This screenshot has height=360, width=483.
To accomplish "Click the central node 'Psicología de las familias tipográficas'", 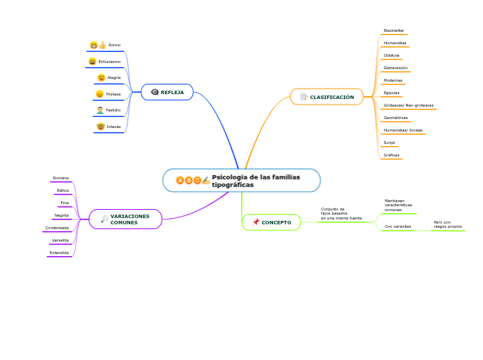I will click(242, 181).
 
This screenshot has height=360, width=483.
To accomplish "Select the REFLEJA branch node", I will click(167, 92).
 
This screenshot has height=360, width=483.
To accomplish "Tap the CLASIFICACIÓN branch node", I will click(326, 97).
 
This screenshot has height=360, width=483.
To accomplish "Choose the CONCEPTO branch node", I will click(272, 222).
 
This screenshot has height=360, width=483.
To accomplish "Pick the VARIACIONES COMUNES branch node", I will click(125, 219).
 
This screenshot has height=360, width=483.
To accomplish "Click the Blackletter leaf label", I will click(394, 31).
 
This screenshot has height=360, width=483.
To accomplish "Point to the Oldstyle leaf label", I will click(392, 55).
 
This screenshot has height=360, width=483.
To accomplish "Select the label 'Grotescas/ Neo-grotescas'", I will click(409, 105).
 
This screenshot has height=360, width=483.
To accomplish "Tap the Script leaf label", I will click(389, 143).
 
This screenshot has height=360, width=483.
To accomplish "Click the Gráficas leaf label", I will click(392, 155).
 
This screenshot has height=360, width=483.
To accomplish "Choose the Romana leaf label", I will click(61, 178).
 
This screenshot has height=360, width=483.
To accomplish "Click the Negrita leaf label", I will click(62, 215).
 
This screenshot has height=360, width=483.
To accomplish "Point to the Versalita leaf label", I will click(60, 240).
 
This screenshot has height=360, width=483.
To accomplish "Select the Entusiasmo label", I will click(109, 62).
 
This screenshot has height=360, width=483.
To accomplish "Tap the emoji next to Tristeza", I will click(100, 94).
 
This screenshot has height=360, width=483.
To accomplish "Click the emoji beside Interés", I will click(100, 127).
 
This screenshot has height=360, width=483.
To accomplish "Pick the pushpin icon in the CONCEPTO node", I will click(256, 222).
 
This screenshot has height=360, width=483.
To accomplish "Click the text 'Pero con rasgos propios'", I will click(448, 224).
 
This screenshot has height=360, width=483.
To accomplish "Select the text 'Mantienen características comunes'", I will click(398, 205).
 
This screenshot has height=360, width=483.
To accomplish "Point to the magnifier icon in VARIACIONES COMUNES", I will click(105, 219).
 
